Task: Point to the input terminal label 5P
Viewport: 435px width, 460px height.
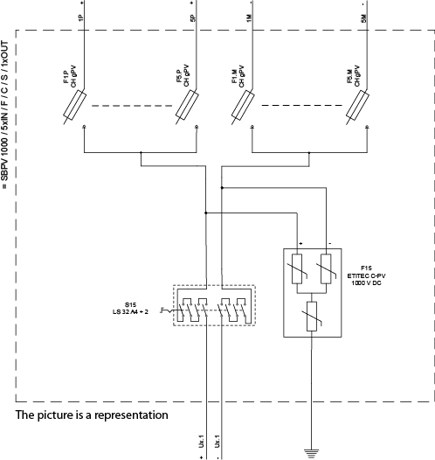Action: [193, 17]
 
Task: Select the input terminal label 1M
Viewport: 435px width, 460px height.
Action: [251, 17]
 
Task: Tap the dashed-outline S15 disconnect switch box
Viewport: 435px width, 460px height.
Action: [213, 306]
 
